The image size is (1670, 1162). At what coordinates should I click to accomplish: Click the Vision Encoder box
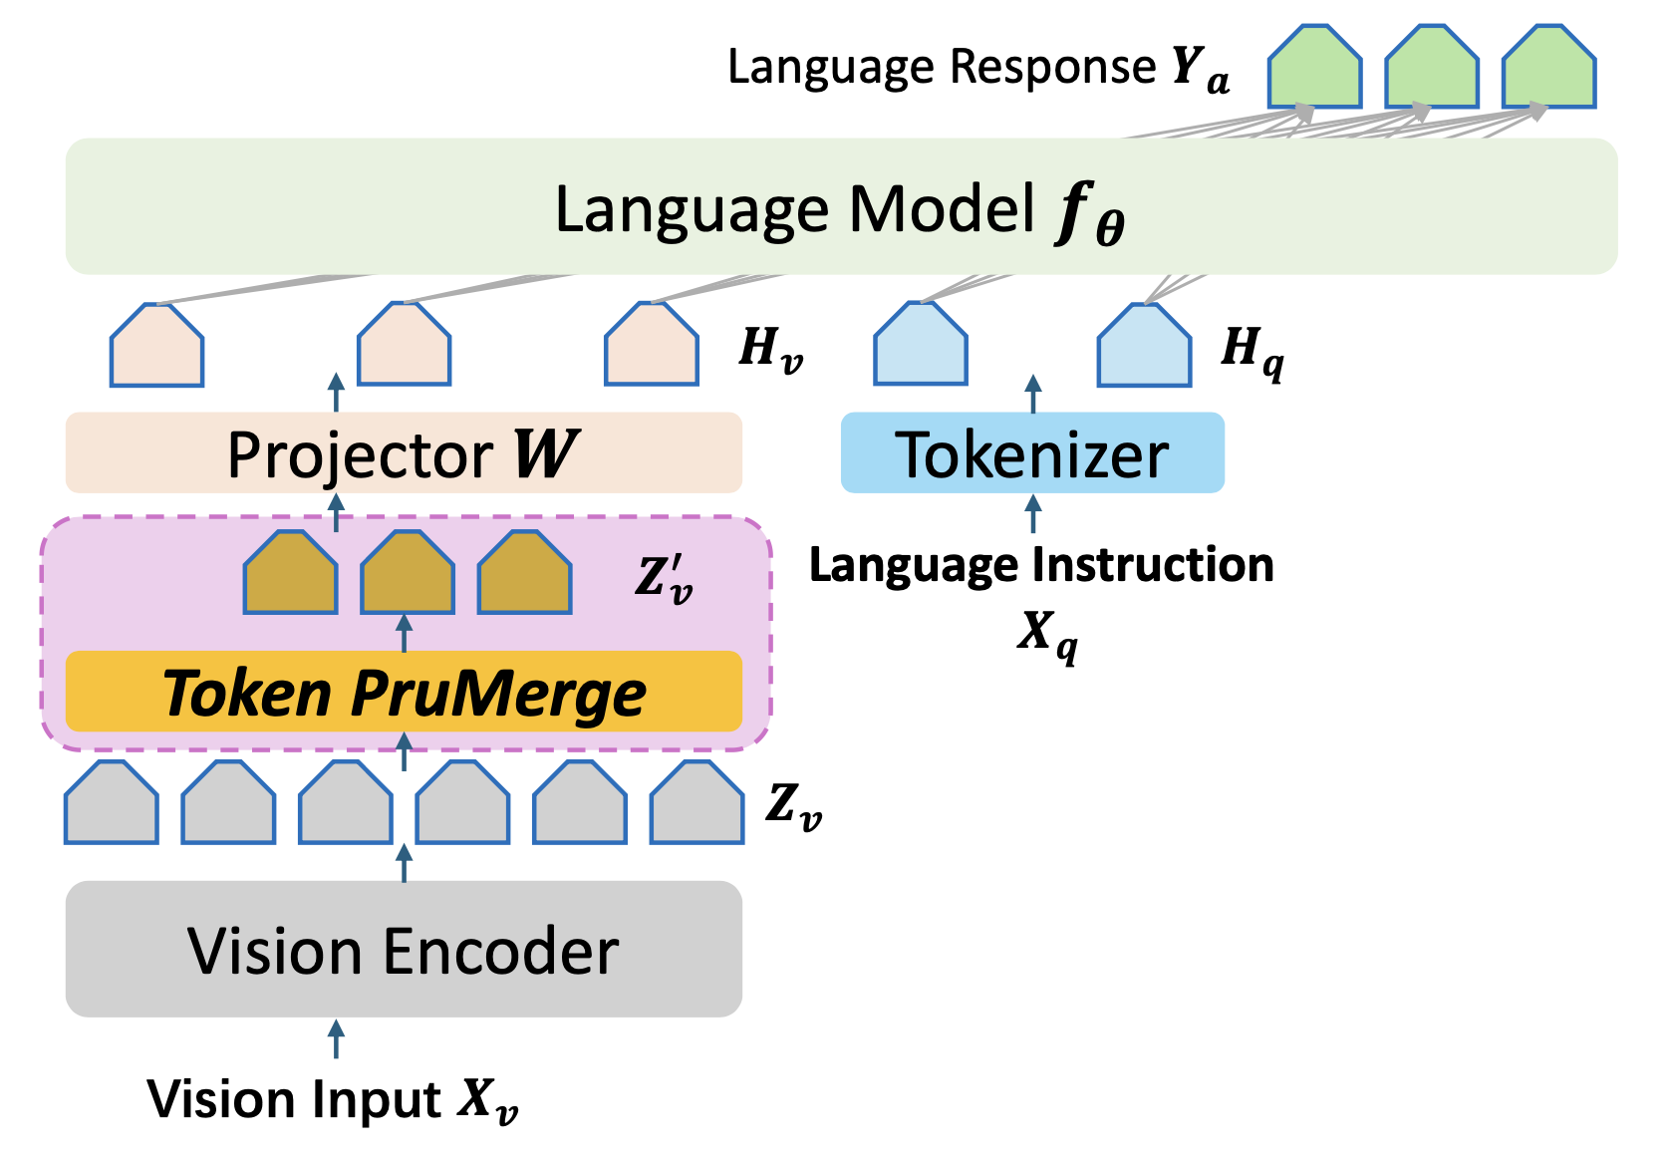(405, 949)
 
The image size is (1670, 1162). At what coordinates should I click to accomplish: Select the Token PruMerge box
(405, 692)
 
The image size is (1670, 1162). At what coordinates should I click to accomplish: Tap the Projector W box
(405, 452)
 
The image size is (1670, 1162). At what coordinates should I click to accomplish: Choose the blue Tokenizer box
(1032, 452)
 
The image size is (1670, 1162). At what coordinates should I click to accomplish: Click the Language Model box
(842, 206)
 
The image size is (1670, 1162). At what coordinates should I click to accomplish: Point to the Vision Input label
(333, 1099)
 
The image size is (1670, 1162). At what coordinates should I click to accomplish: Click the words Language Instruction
(1041, 565)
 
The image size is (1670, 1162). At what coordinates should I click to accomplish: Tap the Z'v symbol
(665, 579)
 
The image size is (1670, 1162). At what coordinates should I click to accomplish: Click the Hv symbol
(771, 349)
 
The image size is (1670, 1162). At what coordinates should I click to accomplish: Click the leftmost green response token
(1315, 67)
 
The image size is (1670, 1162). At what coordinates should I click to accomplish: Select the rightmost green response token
(1549, 67)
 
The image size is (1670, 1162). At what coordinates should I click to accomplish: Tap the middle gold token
(408, 573)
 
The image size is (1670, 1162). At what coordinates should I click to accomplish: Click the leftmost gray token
(111, 802)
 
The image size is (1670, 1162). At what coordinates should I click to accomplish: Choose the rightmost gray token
(697, 802)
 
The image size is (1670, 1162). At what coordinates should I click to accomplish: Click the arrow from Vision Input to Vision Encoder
(336, 1039)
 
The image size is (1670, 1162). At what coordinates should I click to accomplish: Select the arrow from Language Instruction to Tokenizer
(1032, 514)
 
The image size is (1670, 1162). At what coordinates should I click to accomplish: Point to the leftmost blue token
(921, 344)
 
